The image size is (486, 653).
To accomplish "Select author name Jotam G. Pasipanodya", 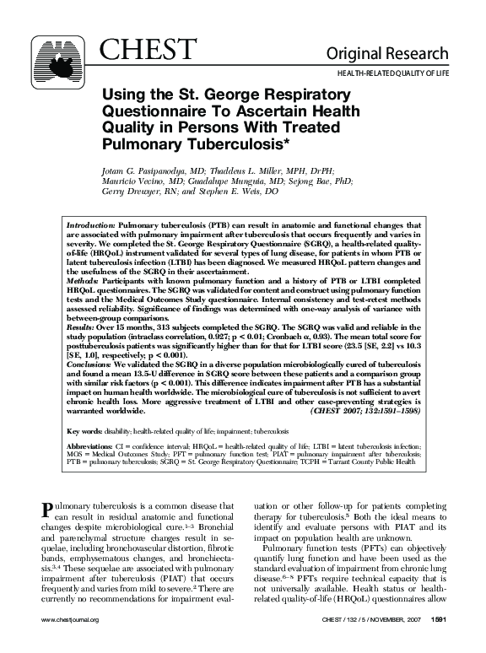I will pos(153,170).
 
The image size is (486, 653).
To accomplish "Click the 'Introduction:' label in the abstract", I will pos(90,227).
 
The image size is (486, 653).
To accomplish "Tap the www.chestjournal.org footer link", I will pos(70,642).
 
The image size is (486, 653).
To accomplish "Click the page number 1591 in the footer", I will pos(437,642).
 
